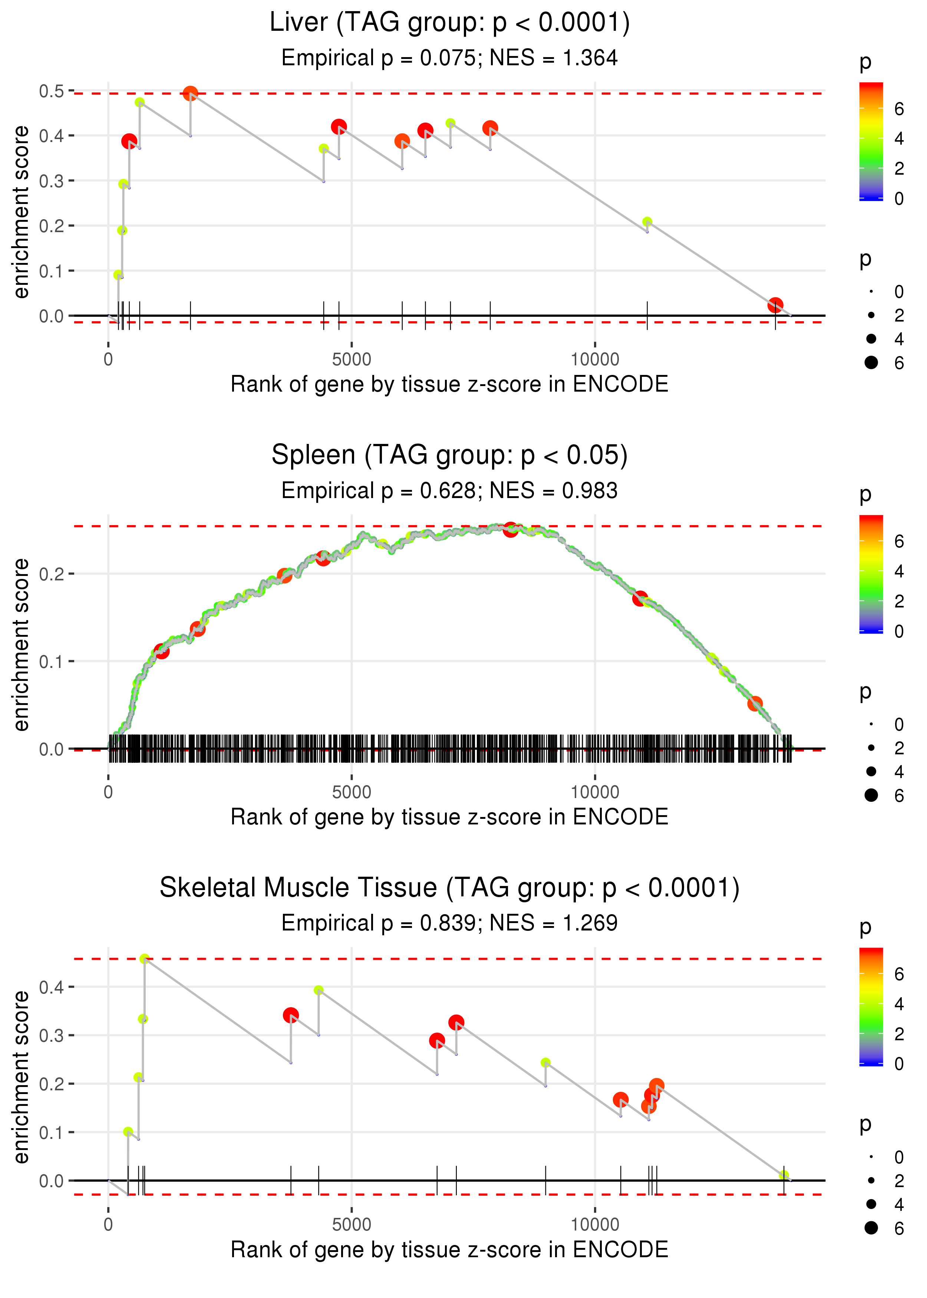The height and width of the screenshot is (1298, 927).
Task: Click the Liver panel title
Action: coord(449,23)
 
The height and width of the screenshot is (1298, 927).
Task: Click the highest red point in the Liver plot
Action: coord(191,93)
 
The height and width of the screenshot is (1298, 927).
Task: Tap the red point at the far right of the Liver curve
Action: coord(775,305)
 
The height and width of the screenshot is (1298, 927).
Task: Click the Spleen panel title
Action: coord(449,455)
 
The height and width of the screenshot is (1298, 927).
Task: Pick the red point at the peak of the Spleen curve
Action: coord(510,529)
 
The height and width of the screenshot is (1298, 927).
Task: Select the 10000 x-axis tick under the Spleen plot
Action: coord(595,792)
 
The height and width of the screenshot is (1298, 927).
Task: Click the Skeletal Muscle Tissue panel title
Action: coord(449,888)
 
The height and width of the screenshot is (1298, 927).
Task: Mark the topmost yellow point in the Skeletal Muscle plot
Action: coord(144,959)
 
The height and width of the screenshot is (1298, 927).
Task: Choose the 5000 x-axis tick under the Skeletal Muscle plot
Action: coord(352,1224)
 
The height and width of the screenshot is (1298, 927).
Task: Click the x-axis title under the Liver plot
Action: coord(449,384)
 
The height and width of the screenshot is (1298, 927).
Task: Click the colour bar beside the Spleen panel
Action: coord(871,574)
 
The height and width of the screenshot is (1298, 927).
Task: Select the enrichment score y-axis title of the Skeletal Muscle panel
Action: coord(21,1078)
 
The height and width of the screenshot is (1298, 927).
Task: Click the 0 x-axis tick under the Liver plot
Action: coord(108,359)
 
